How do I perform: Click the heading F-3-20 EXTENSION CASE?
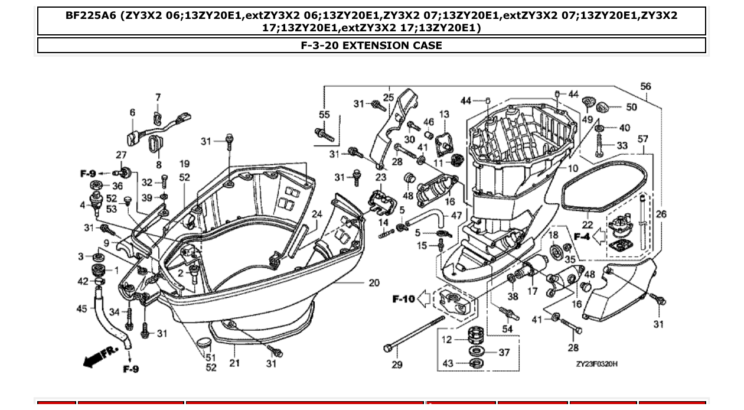[371, 45]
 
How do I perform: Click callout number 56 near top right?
[645, 86]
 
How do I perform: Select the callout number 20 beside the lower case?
[374, 282]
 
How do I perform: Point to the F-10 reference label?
[404, 299]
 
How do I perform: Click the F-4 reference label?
[581, 237]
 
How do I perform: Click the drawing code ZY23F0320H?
[596, 364]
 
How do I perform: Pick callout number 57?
[642, 139]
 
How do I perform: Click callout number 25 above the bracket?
[388, 97]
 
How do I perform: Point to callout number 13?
[444, 114]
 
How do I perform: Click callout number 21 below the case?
[234, 363]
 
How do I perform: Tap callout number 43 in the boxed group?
[448, 363]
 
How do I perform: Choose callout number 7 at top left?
[158, 97]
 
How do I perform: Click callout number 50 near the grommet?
[631, 108]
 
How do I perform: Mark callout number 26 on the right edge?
[661, 214]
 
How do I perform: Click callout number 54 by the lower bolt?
[507, 328]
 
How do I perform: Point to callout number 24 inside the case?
[317, 214]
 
